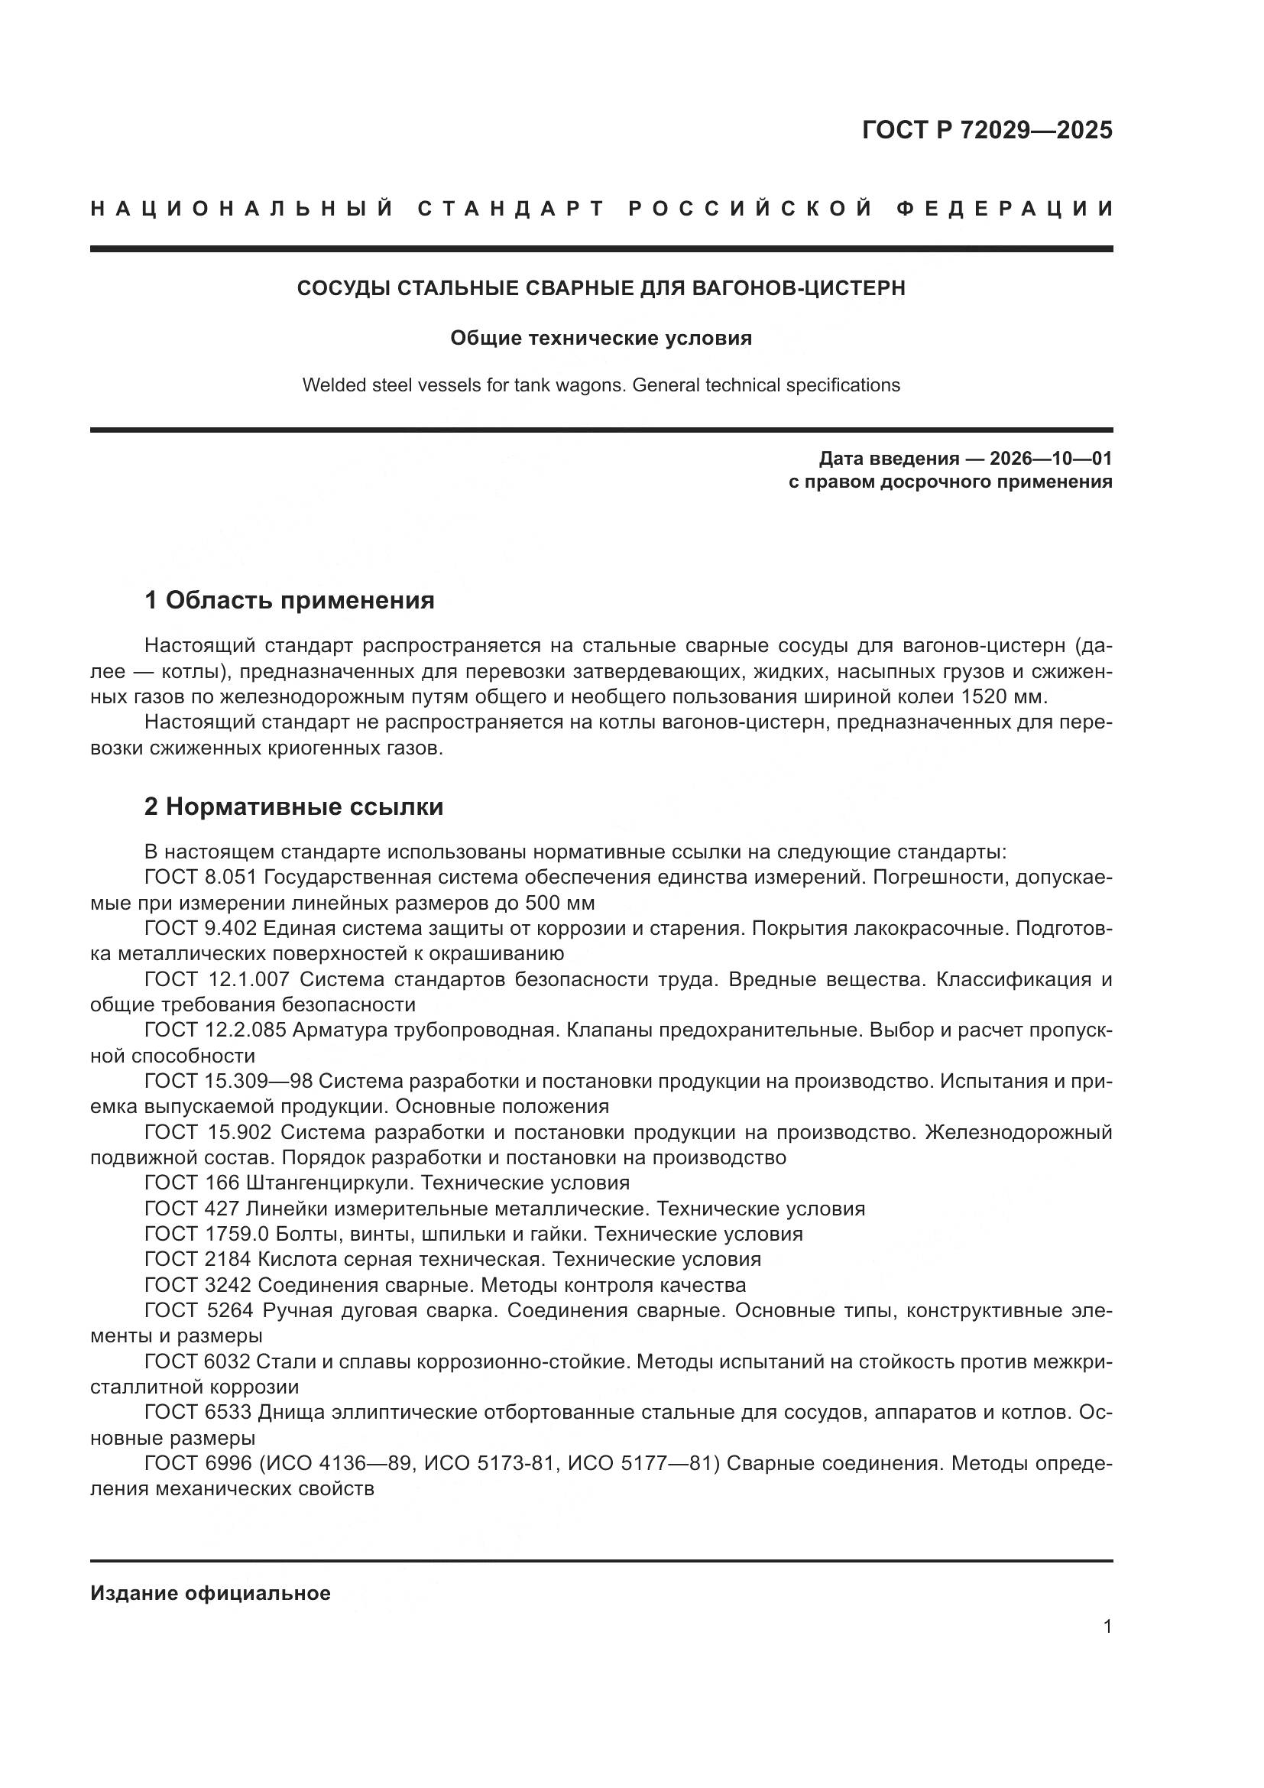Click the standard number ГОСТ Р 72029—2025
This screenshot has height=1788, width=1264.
986,130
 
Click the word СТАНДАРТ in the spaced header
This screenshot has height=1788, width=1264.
511,209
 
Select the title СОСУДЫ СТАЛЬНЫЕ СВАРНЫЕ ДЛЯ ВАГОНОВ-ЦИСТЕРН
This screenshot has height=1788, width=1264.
601,288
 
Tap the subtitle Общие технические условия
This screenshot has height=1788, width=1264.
601,338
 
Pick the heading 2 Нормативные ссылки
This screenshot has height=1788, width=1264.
293,806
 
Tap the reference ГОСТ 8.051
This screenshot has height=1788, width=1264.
200,877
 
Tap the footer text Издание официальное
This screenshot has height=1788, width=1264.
210,1593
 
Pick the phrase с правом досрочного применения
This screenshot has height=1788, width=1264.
950,482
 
